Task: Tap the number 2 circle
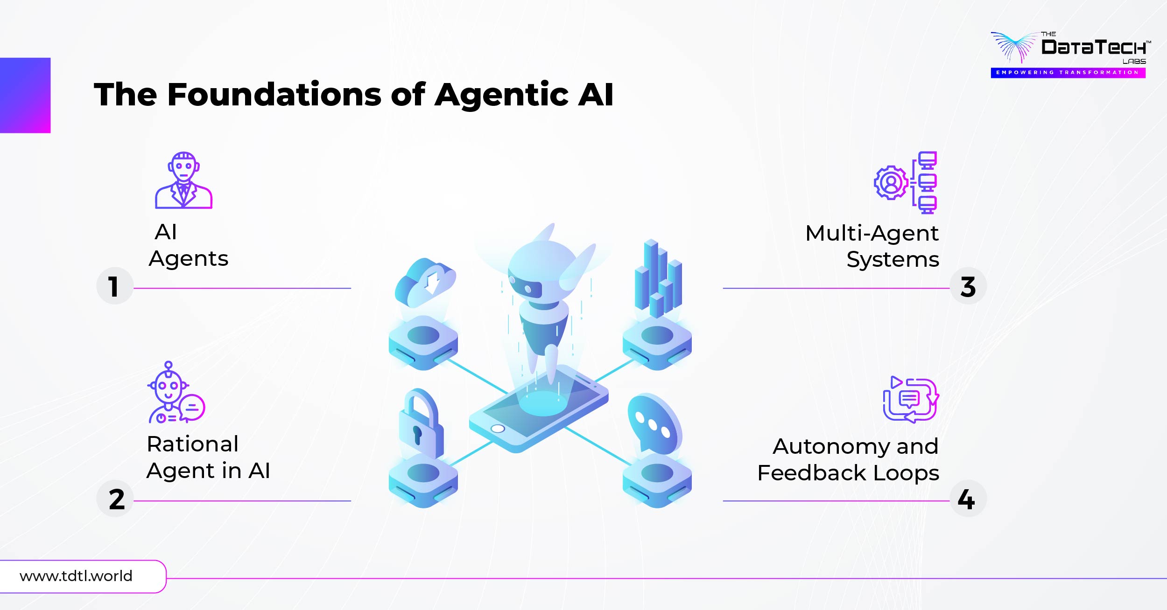point(115,499)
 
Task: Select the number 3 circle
point(968,286)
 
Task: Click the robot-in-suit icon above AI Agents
point(183,180)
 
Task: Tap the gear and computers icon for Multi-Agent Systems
point(906,182)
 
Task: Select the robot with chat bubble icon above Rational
point(176,393)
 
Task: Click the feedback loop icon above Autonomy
point(910,400)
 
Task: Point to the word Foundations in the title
point(274,95)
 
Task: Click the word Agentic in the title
point(501,95)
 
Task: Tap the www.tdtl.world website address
point(76,576)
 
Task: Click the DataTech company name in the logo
point(1093,47)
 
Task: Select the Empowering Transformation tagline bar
point(1068,73)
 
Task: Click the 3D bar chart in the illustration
point(658,280)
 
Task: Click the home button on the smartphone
point(498,429)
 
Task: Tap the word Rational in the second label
point(192,444)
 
